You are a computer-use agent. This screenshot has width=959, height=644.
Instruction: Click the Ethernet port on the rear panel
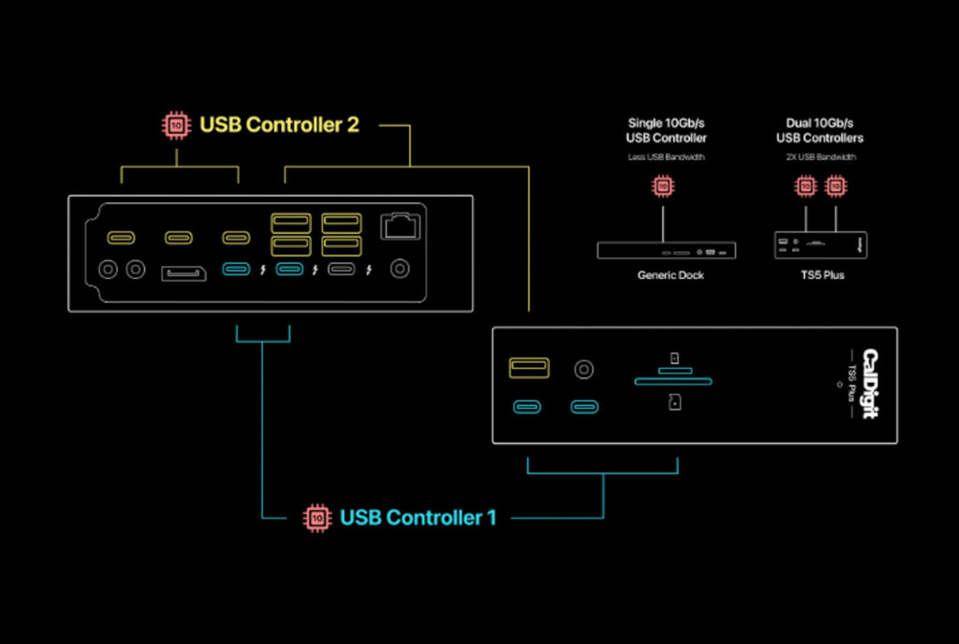pos(400,226)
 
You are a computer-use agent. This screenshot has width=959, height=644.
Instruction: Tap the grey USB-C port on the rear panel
pos(342,271)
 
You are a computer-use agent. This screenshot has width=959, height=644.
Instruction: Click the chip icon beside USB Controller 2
pos(174,124)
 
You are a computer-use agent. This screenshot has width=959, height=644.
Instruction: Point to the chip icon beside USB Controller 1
pos(317,517)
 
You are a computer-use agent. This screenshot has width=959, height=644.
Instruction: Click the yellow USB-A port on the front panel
pos(529,367)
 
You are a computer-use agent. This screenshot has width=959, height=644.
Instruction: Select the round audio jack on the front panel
pos(584,369)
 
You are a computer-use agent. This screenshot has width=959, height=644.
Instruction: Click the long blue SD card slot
pos(672,382)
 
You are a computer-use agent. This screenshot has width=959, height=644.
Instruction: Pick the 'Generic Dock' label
pos(670,276)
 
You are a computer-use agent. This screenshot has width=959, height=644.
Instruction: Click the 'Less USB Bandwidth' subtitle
pos(666,157)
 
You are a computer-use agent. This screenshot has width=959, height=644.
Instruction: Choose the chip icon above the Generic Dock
pos(664,186)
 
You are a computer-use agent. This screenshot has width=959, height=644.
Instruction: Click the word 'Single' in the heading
pos(646,124)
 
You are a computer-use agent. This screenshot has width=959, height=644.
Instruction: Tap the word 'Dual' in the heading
pos(797,124)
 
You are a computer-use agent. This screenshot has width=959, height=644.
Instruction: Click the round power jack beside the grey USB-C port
pos(400,270)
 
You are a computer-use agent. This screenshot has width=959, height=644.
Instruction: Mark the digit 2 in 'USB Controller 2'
pos(352,124)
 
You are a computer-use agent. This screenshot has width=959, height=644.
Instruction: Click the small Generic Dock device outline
pos(666,250)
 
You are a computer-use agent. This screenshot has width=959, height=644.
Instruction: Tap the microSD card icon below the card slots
pos(674,402)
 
